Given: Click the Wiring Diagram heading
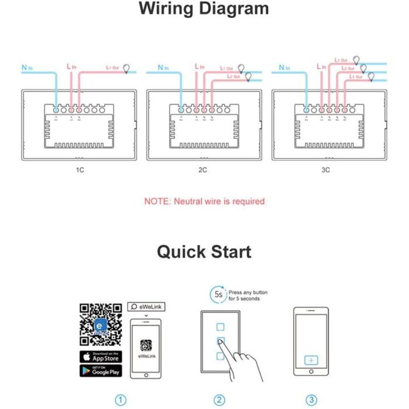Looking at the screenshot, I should [x=204, y=9].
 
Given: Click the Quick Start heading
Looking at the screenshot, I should [x=204, y=252].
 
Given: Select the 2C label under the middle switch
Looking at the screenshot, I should [x=202, y=170].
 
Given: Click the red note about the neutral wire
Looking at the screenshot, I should [x=204, y=201].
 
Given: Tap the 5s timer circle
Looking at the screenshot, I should [x=218, y=295].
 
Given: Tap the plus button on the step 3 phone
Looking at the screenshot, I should [x=311, y=360].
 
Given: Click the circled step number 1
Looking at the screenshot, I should [x=120, y=400].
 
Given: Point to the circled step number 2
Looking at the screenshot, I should [x=219, y=400].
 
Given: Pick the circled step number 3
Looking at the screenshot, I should [x=311, y=400].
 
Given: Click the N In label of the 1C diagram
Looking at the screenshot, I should [x=27, y=68].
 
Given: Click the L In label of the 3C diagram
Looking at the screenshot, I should [x=321, y=67].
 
